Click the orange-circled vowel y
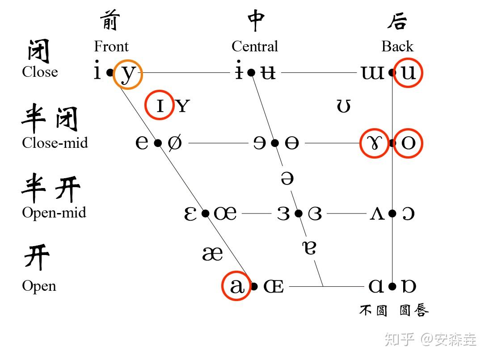128,74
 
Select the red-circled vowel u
408,72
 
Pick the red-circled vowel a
236,286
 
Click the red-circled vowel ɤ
374,143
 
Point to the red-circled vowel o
408,143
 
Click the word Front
111,46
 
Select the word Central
255,46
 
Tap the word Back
397,46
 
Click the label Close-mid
55,143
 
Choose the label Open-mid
54,213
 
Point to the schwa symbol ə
287,178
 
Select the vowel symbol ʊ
343,106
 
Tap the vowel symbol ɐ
309,247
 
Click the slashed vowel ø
175,143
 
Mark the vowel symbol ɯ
372,73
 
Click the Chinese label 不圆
373,310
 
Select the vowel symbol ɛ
191,214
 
